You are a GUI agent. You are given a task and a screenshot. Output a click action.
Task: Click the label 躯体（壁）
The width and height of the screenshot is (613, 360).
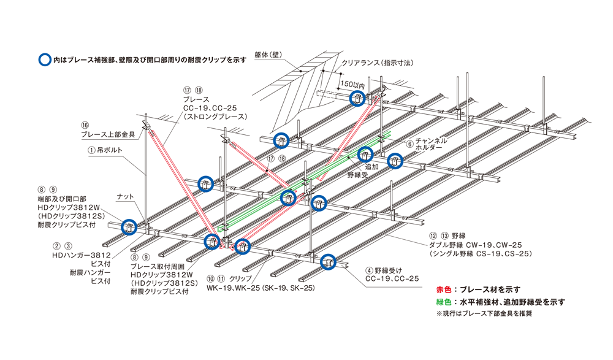pos(272,53)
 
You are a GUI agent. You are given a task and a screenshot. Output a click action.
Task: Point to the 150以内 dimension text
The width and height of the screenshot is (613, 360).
pos(352,84)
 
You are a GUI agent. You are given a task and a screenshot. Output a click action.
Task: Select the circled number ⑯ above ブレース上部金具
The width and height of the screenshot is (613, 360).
pos(85,124)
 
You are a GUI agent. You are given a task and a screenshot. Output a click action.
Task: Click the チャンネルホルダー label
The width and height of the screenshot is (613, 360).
pos(431,144)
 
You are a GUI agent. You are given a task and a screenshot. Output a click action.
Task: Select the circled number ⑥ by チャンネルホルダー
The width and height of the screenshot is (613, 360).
pos(409,140)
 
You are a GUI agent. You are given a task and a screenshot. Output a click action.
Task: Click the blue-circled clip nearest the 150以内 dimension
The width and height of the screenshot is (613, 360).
pos(357,98)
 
